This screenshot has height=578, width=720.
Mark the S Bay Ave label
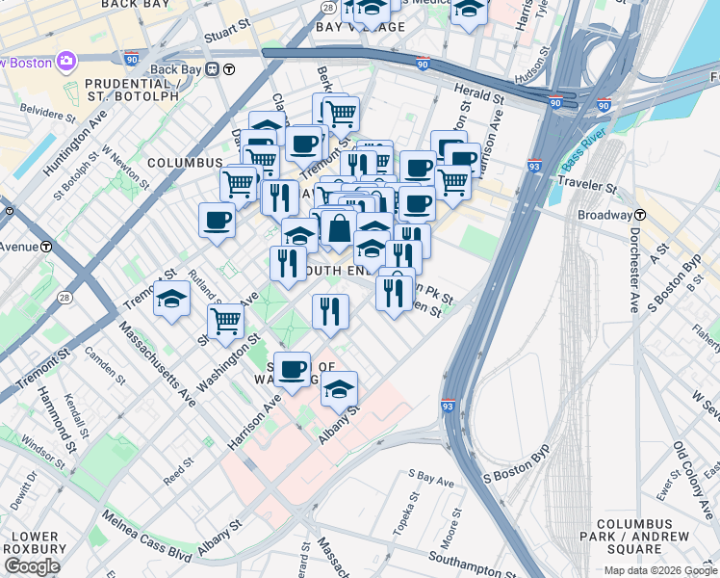[x=429, y=477]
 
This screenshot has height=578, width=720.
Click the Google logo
[x=33, y=565]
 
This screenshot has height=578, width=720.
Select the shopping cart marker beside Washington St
[x=225, y=321]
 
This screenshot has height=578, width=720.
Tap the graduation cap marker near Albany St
[x=339, y=388]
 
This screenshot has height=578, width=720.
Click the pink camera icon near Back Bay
[x=66, y=62]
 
